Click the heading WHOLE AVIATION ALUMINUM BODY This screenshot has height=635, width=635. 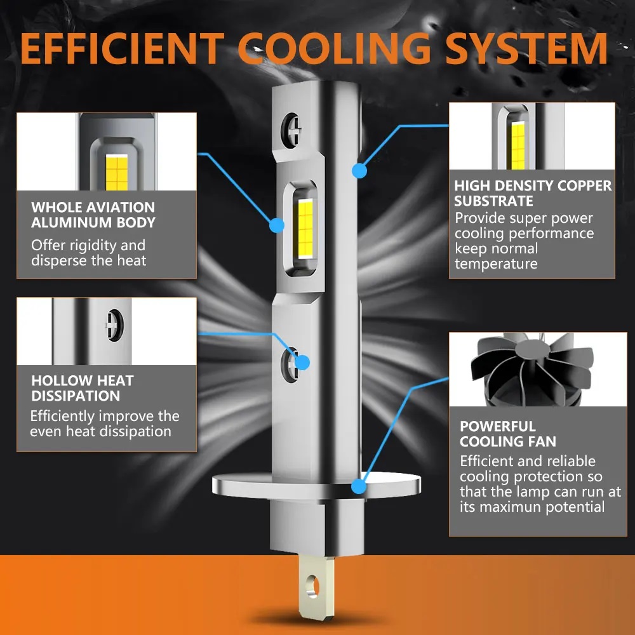pyautogui.click(x=93, y=215)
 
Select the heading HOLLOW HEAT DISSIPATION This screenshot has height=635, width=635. pyautogui.click(x=82, y=388)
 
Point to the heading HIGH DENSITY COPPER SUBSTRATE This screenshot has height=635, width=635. pyautogui.click(x=533, y=193)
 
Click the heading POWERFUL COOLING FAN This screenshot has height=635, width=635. pyautogui.click(x=508, y=434)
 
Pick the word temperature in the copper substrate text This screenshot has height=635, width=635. pyautogui.click(x=496, y=264)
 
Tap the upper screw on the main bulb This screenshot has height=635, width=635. pyautogui.click(x=291, y=130)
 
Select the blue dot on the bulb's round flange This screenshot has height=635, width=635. pyautogui.click(x=359, y=486)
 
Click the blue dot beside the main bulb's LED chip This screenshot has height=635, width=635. pyautogui.click(x=277, y=225)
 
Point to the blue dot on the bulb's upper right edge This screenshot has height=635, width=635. pyautogui.click(x=359, y=170)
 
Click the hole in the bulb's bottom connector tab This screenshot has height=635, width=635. pyautogui.click(x=312, y=586)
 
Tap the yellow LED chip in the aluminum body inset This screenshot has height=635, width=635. pyautogui.click(x=117, y=173)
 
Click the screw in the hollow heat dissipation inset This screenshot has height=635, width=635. pyautogui.click(x=114, y=325)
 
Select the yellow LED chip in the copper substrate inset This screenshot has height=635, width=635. pyautogui.click(x=518, y=146)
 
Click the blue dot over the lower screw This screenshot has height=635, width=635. pyautogui.click(x=302, y=363)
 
